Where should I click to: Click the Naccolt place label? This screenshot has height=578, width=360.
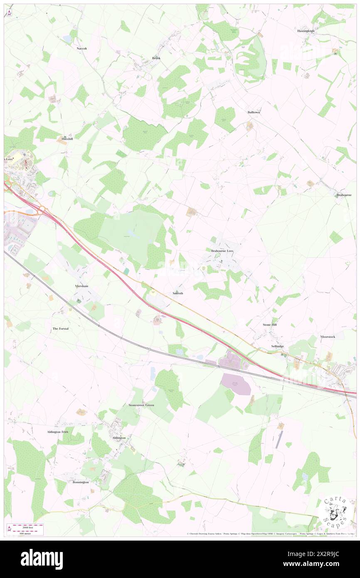(x=81, y=48)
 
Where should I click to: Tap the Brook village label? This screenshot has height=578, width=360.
(x=156, y=58)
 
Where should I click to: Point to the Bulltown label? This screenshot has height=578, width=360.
(x=254, y=112)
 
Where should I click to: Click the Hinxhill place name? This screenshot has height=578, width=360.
(x=67, y=138)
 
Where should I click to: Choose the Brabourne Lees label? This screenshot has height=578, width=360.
(x=222, y=251)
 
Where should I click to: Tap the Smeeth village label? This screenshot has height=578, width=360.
(x=178, y=293)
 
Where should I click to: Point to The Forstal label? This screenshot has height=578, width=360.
(x=60, y=329)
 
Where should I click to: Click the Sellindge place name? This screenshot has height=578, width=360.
(x=277, y=346)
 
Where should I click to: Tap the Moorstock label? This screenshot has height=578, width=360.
(x=328, y=336)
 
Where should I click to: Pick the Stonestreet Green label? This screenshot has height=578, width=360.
(x=141, y=405)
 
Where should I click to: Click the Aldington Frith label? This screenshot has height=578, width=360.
(x=57, y=432)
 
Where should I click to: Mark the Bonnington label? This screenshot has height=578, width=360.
(x=81, y=482)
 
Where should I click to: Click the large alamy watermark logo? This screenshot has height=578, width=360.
(x=42, y=559)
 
